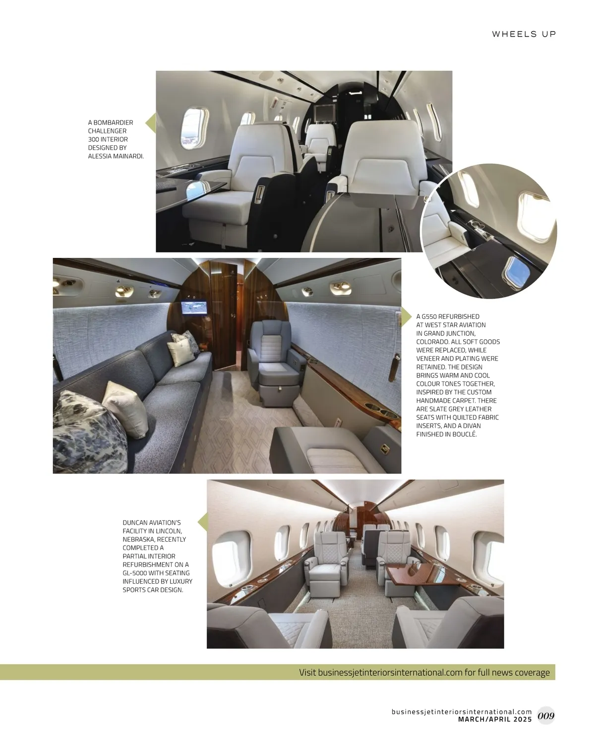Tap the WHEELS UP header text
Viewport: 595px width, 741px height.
click(524, 34)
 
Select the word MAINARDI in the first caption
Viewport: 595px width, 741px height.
click(127, 156)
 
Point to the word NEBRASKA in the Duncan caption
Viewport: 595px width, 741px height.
click(138, 539)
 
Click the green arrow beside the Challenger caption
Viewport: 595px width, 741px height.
click(151, 122)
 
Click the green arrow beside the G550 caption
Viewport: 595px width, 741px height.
click(407, 316)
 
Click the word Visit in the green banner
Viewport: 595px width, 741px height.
click(307, 673)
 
